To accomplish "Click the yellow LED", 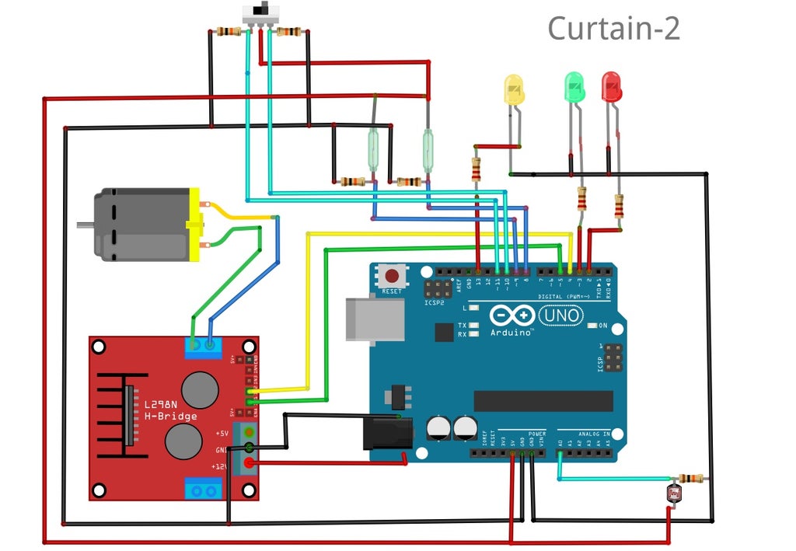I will click(x=514, y=89).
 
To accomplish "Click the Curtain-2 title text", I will click(x=613, y=29).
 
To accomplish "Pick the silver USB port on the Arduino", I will click(x=375, y=317).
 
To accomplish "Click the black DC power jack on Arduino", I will click(x=386, y=432).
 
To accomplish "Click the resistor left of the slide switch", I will click(x=228, y=32).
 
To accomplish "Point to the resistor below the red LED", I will click(x=619, y=207).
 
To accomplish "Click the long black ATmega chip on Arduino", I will click(x=543, y=400).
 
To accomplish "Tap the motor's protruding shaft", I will click(x=85, y=225).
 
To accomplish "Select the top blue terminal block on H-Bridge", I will click(x=203, y=346).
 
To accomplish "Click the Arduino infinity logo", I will click(x=512, y=316).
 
